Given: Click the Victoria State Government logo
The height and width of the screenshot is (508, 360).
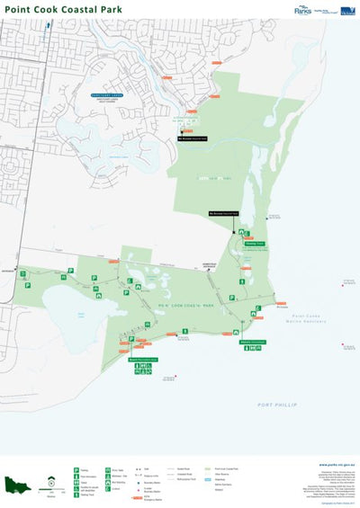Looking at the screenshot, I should coord(346,10).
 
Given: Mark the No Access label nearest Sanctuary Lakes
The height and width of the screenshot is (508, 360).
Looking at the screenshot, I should coord(192,139).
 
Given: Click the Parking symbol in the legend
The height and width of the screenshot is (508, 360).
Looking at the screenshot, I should coord(76,469).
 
